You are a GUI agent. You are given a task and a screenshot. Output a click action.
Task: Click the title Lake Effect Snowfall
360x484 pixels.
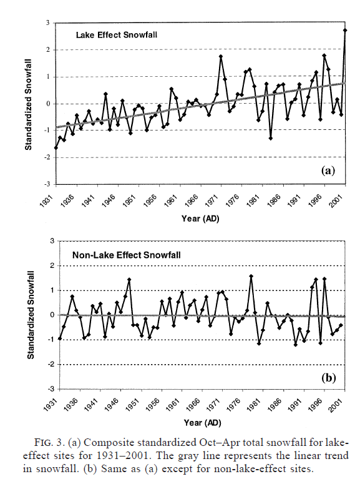117,35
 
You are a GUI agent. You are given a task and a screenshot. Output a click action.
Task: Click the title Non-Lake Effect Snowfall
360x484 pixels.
127,255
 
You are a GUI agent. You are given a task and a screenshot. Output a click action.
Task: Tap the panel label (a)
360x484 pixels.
328,170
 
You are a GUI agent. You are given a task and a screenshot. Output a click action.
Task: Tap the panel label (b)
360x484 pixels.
329,378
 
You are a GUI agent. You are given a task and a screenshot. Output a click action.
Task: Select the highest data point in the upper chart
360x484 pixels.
345,30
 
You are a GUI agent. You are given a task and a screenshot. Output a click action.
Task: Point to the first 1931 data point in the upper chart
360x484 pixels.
56,148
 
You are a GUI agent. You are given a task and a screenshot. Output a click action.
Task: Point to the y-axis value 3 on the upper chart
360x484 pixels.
48,23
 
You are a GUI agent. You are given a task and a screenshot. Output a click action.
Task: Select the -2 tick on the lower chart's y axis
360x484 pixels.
52,365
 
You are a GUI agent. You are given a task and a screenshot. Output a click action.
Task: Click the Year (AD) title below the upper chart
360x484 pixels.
200,219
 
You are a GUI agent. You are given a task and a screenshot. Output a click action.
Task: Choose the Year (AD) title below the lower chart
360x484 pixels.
202,423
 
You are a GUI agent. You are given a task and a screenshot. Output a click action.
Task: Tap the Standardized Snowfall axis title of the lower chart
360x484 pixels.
31,315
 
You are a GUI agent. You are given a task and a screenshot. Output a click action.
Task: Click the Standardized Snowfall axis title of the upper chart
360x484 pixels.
28,105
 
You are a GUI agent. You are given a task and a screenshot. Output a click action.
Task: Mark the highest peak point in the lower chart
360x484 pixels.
251,276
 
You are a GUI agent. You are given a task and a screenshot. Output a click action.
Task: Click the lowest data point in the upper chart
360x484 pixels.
56,148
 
